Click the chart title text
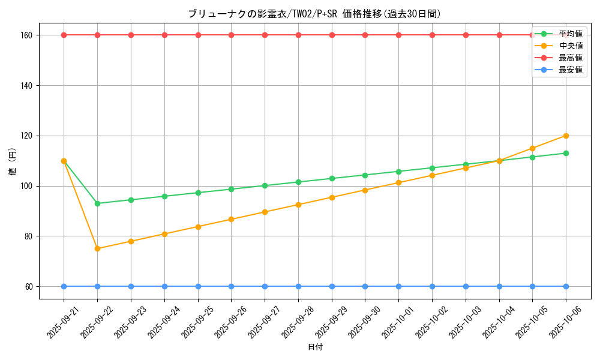tap(314, 14)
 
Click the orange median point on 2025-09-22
tap(98, 248)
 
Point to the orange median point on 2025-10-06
tap(566, 136)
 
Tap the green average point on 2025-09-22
tap(98, 203)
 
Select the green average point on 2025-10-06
tap(566, 153)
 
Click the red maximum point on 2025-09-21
tap(64, 35)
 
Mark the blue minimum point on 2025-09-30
tap(365, 286)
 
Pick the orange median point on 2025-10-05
tap(532, 148)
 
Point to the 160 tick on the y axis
tap(27, 35)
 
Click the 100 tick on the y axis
tap(27, 186)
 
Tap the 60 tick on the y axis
tap(29, 287)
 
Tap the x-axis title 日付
tap(315, 347)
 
